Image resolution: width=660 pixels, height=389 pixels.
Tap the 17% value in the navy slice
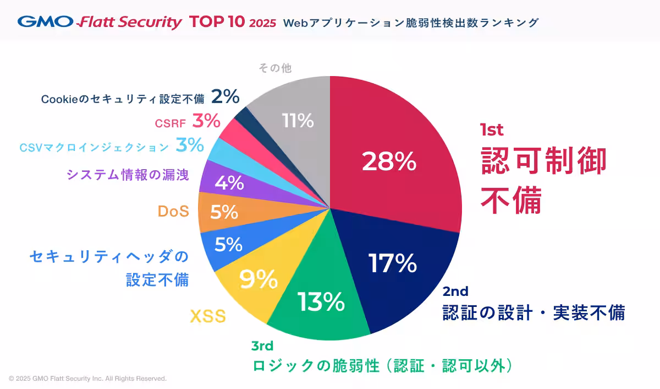[x=392, y=264]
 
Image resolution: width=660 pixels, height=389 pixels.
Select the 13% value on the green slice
[x=321, y=301]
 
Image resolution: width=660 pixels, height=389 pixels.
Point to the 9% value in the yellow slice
[x=258, y=280]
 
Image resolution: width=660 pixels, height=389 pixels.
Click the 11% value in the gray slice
[x=297, y=121]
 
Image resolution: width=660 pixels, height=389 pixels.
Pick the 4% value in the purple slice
[x=229, y=183]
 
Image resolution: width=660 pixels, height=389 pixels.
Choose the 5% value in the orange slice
[x=224, y=212]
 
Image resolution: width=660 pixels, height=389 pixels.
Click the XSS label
[x=208, y=317]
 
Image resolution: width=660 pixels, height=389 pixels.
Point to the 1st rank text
[x=492, y=130]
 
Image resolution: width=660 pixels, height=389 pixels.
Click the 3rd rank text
[x=262, y=346]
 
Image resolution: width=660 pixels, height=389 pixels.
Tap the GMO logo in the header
[x=46, y=22]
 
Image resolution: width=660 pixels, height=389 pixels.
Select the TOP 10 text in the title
[x=216, y=22]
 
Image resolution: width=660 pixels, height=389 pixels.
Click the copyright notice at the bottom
[x=87, y=379]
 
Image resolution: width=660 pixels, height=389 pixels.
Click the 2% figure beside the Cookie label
[x=226, y=98]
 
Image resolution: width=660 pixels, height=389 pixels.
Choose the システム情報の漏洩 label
[x=128, y=175]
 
